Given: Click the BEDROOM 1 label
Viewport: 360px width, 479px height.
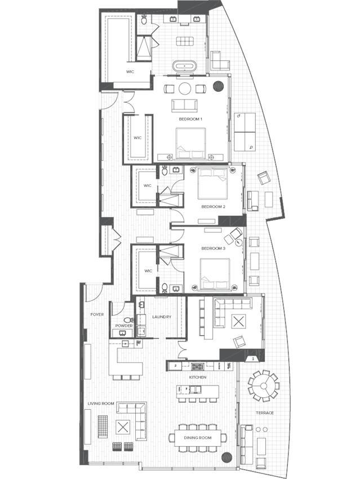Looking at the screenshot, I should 190,119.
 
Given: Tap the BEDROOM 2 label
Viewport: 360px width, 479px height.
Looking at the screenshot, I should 214,207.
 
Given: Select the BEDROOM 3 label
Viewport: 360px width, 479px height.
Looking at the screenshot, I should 214,249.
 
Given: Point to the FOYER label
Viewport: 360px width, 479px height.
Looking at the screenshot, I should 97,314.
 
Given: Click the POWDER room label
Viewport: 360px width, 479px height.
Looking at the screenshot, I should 123,326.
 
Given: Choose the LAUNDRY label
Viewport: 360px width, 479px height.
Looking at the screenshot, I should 161,317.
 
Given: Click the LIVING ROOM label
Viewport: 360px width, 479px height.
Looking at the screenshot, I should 101,403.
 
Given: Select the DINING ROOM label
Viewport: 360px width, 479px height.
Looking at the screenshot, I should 198,437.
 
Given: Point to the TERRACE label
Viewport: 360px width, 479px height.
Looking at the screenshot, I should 264,413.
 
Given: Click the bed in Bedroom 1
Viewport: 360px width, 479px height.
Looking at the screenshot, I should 191,143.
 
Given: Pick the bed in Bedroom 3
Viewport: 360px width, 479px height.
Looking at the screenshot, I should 215,272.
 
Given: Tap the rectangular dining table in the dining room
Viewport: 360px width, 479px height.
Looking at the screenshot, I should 198,437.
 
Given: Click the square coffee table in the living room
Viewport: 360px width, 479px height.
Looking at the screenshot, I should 122,426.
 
